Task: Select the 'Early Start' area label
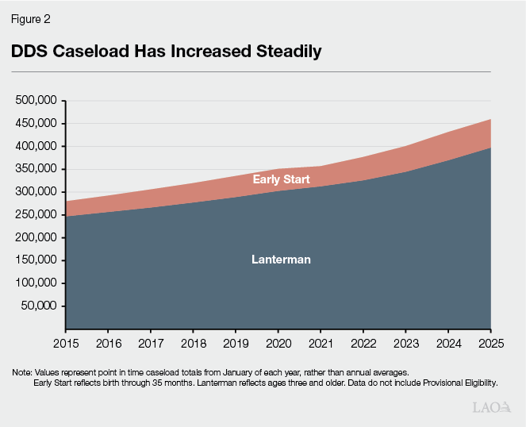pyautogui.click(x=281, y=179)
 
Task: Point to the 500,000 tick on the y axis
pyautogui.click(x=37, y=101)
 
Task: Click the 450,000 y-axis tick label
pyautogui.click(x=37, y=124)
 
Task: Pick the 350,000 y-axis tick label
pyautogui.click(x=37, y=169)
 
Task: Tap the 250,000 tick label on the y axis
pyautogui.click(x=37, y=214)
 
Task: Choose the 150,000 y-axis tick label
pyautogui.click(x=37, y=260)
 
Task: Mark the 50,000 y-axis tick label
pyautogui.click(x=40, y=306)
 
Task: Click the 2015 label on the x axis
pyautogui.click(x=65, y=344)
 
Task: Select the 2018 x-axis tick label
pyautogui.click(x=193, y=344)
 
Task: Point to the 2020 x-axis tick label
pyautogui.click(x=278, y=344)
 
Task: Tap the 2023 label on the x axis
pyautogui.click(x=405, y=344)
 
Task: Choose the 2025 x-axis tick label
pyautogui.click(x=490, y=344)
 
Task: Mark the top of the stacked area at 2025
pyautogui.click(x=490, y=119)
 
